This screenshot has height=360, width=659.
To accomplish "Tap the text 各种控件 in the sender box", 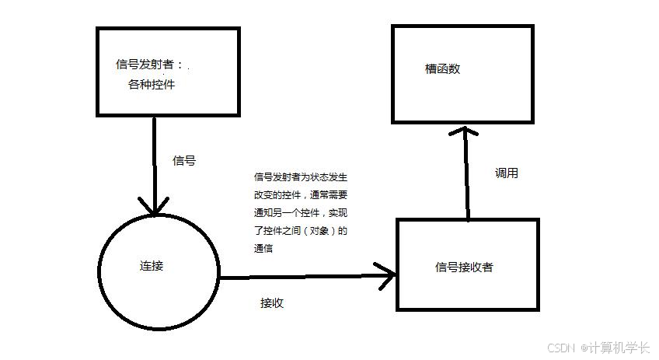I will tap(152, 84).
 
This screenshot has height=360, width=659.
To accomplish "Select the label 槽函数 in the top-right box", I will tap(443, 68).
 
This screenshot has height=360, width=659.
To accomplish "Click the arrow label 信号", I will tap(184, 161).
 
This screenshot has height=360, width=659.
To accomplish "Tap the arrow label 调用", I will tap(507, 173).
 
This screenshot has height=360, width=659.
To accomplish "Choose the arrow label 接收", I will tap(272, 303).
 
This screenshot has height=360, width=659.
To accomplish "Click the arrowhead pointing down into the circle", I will tap(155, 206).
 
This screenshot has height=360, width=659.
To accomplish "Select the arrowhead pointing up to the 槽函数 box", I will tap(465, 134).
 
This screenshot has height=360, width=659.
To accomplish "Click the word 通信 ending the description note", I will tap(264, 249).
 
